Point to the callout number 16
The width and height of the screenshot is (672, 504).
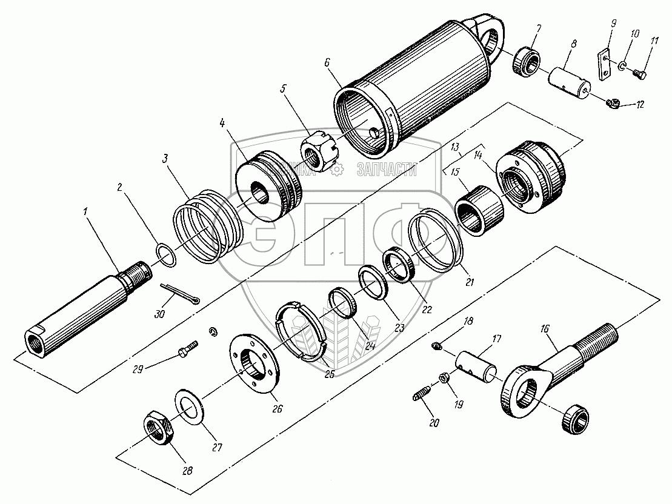pos(544,330)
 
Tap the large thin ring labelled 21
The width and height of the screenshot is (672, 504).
pos(436,239)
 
